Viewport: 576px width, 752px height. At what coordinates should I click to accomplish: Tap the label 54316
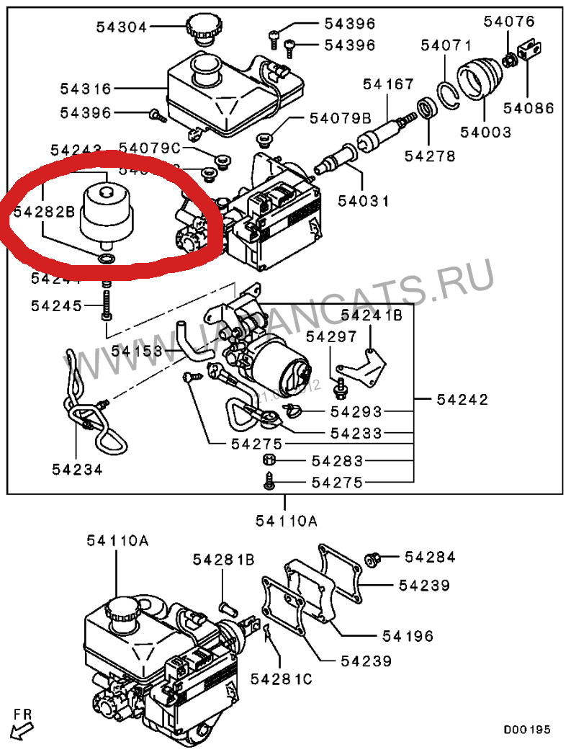click(86, 89)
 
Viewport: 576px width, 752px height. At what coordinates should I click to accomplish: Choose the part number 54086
click(528, 109)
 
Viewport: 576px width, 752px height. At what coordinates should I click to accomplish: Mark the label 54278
click(430, 156)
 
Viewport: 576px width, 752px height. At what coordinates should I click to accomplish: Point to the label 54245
click(56, 305)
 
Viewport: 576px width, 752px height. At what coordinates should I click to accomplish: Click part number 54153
click(137, 351)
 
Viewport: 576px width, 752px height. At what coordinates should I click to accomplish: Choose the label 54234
click(76, 469)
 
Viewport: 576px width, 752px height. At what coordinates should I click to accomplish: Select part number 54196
click(408, 636)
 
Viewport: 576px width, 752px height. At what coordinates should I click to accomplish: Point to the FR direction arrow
click(23, 724)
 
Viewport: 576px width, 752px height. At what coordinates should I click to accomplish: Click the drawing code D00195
click(526, 730)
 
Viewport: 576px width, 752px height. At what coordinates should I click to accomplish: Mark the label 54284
click(430, 557)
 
